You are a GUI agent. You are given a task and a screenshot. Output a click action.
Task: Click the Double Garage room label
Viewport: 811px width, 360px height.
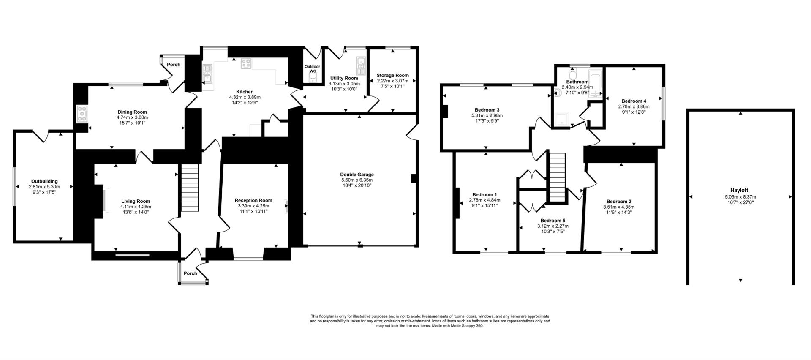pyautogui.click(x=357, y=175)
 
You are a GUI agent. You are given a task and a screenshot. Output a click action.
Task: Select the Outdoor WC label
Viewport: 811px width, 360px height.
pyautogui.click(x=312, y=68)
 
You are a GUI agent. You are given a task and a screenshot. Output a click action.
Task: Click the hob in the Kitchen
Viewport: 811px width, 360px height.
pyautogui.click(x=246, y=64)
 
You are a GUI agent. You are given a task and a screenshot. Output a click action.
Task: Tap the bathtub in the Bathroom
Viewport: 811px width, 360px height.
pyautogui.click(x=595, y=82)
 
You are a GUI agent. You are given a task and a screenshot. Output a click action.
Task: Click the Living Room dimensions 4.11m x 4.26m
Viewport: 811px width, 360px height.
pyautogui.click(x=136, y=207)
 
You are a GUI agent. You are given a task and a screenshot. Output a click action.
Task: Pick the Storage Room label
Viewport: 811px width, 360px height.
pyautogui.click(x=392, y=76)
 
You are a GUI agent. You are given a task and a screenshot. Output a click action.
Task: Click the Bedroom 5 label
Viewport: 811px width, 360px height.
pyautogui.click(x=552, y=221)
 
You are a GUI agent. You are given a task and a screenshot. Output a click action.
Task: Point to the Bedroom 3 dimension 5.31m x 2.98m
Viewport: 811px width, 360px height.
pyautogui.click(x=487, y=115)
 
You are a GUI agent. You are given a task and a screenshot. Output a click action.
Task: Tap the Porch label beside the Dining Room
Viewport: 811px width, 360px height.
pyautogui.click(x=174, y=65)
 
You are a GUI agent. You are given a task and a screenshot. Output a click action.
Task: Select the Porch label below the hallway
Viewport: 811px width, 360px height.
pyautogui.click(x=191, y=273)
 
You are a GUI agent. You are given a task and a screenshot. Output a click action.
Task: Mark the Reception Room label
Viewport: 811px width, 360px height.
pyautogui.click(x=253, y=201)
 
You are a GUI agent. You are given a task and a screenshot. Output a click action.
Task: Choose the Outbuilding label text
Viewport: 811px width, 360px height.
pyautogui.click(x=44, y=181)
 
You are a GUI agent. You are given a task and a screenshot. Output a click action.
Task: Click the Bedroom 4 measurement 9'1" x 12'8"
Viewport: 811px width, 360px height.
pyautogui.click(x=633, y=112)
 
